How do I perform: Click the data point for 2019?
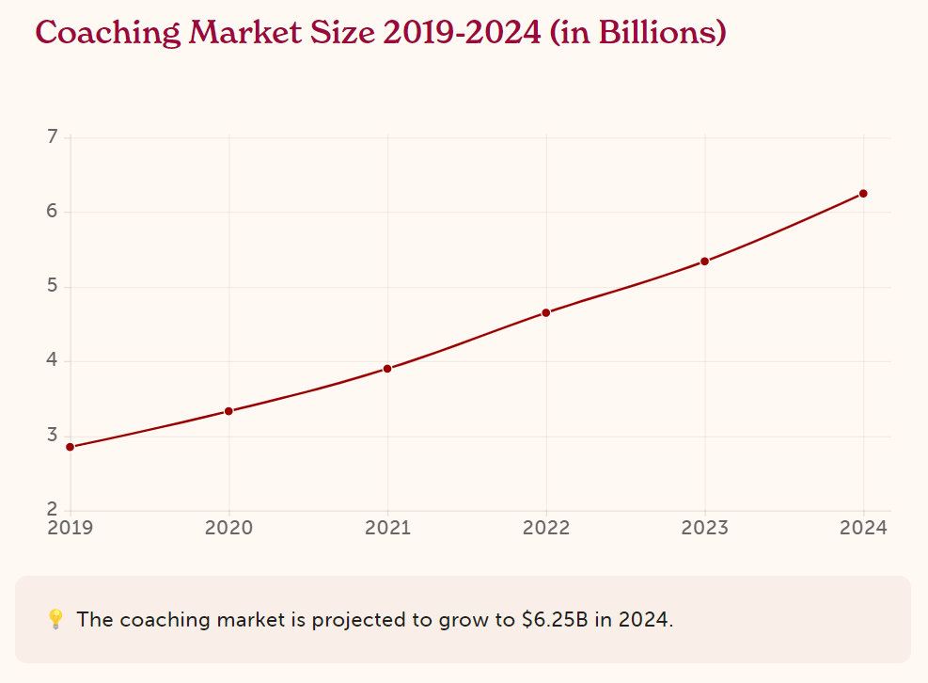click(x=71, y=447)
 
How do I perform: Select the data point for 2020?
click(x=228, y=411)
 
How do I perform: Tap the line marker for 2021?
click(x=387, y=369)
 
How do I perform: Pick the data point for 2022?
click(x=546, y=312)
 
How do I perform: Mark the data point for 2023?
click(x=704, y=262)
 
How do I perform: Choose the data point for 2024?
click(x=863, y=194)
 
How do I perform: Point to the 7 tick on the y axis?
click(x=53, y=137)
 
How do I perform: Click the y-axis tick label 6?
click(x=53, y=212)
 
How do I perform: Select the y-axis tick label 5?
click(x=53, y=286)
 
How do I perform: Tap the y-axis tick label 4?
click(x=53, y=360)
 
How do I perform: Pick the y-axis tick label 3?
click(x=53, y=436)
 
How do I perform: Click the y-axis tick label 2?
click(x=53, y=510)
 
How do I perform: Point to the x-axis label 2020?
click(x=228, y=528)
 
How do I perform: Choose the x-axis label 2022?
click(x=546, y=528)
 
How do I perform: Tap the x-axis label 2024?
click(x=863, y=528)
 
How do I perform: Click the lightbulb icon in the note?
click(x=55, y=619)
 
